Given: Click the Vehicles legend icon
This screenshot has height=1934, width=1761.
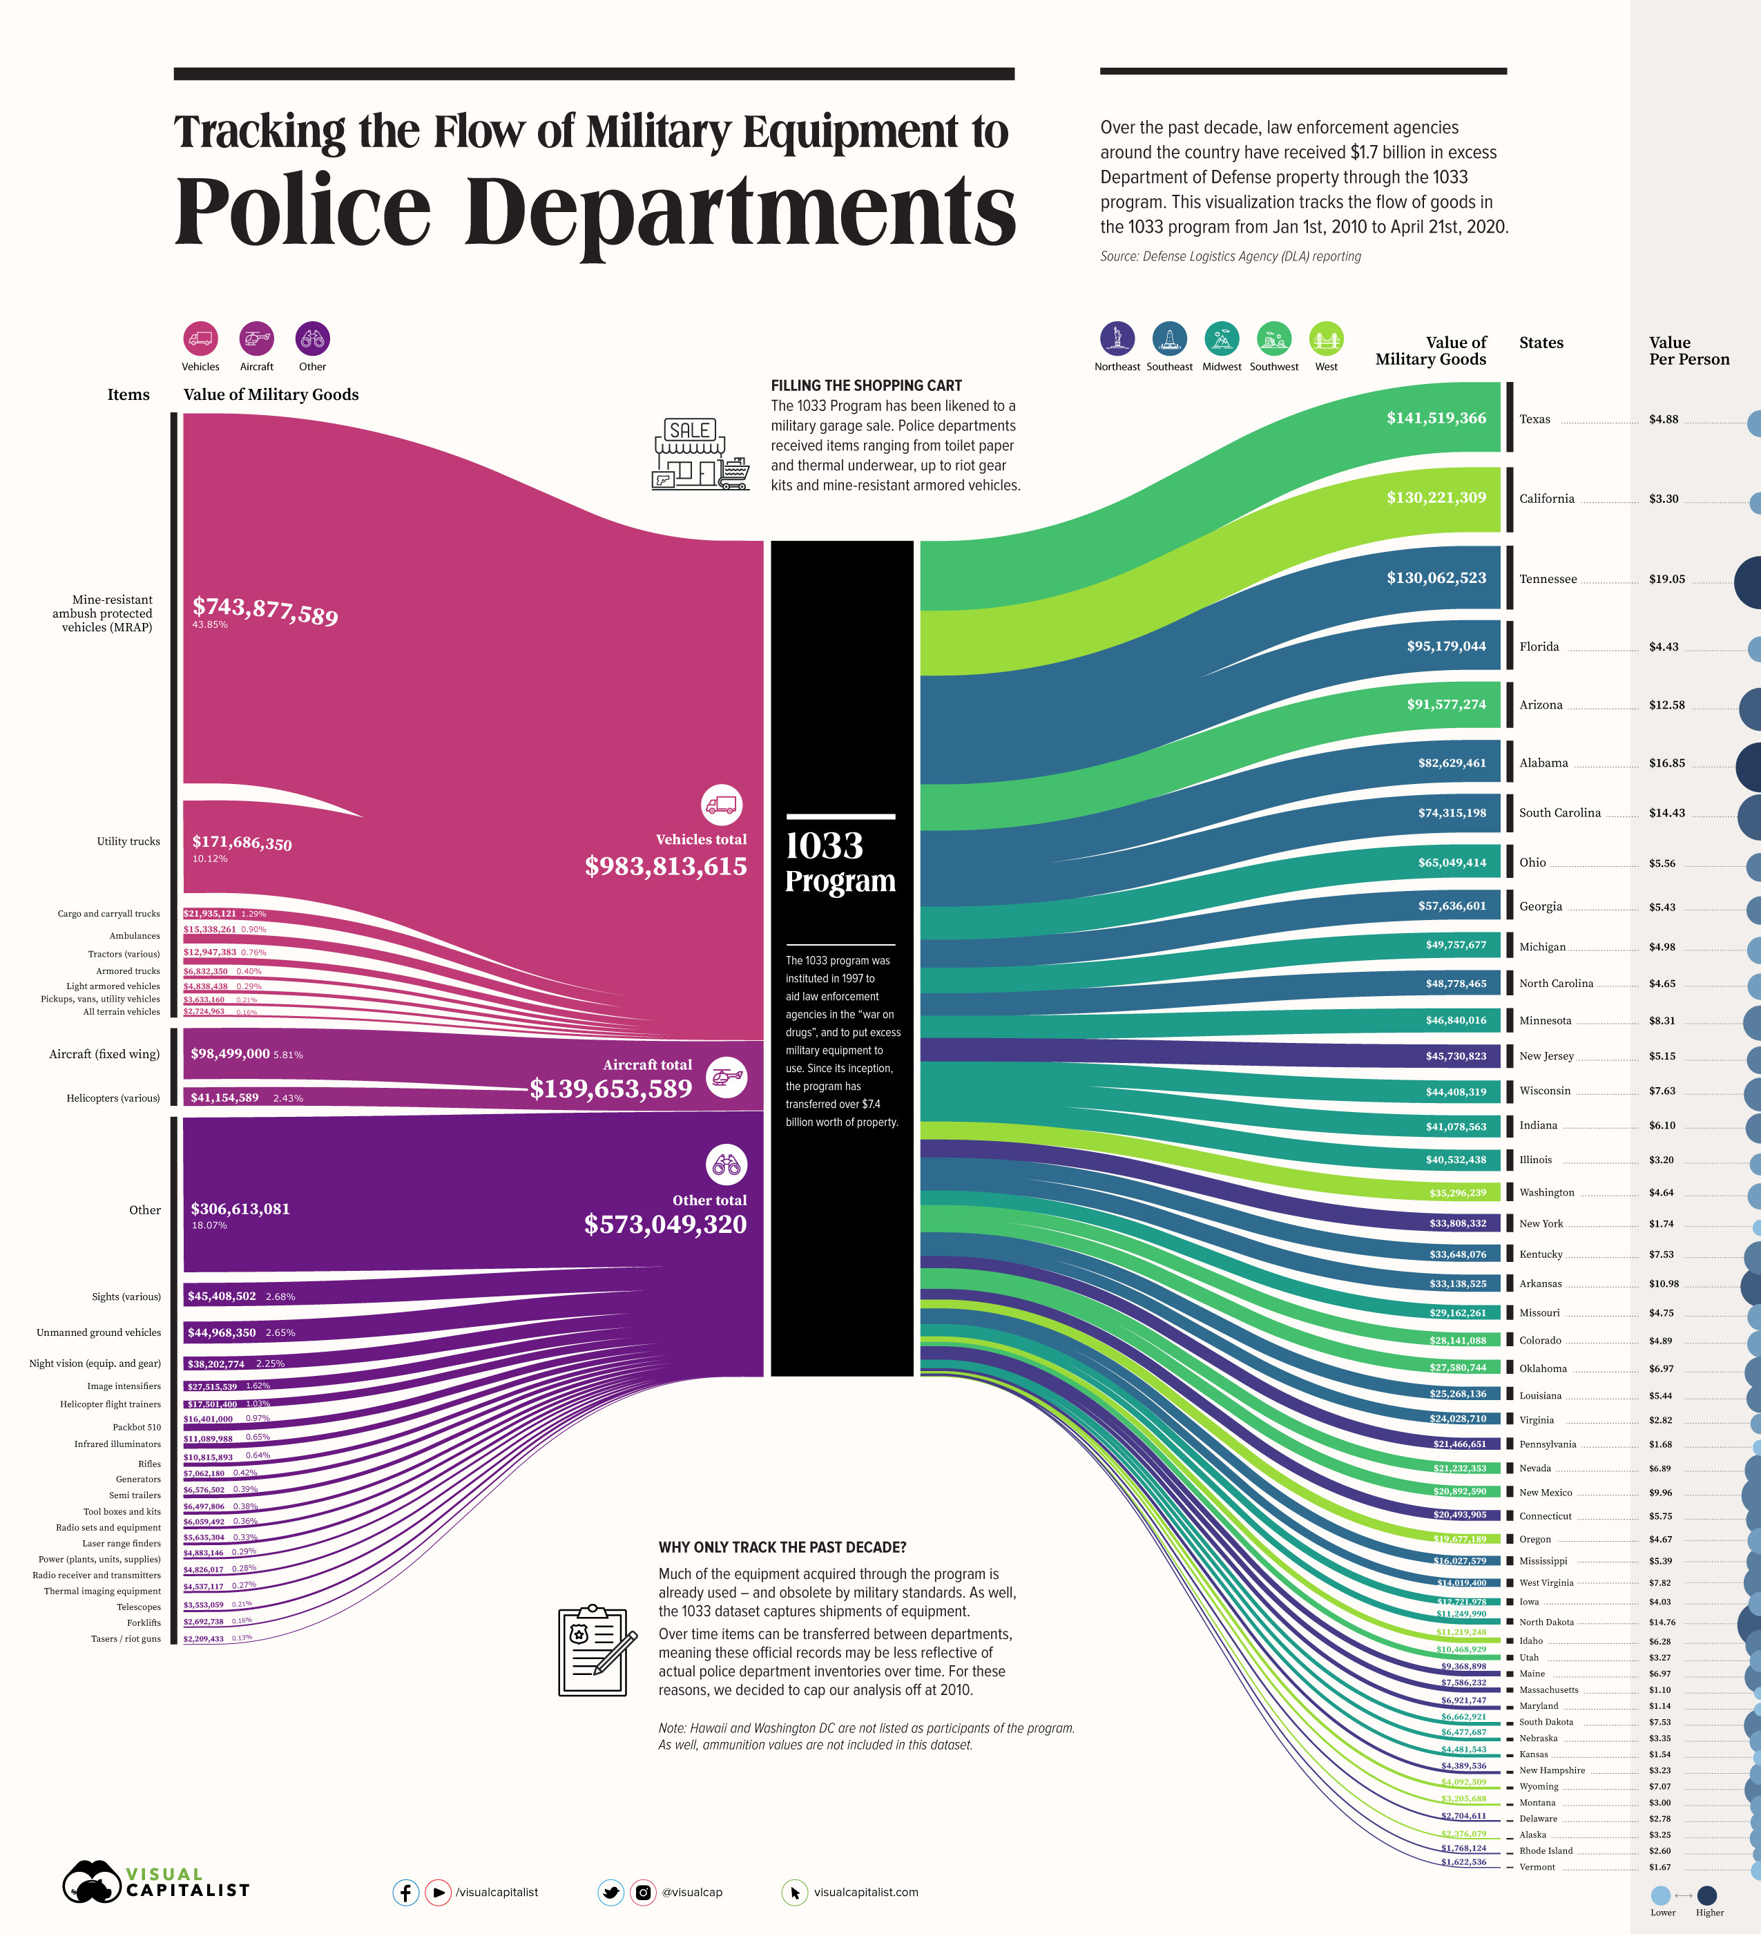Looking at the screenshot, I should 200,338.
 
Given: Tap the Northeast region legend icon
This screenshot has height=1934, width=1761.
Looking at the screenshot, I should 1117,338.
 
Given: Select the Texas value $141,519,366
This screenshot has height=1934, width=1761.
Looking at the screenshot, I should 1435,419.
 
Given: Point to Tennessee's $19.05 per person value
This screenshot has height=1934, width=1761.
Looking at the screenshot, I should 1666,580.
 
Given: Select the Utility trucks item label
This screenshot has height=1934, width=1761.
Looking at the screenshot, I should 128,841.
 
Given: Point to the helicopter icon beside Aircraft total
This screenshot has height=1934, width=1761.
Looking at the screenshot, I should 726,1078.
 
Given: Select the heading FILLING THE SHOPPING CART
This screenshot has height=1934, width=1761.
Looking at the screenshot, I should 865,385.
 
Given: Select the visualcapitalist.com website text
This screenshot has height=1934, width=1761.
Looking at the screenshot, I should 865,1892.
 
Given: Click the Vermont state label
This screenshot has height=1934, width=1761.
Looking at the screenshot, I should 1537,1867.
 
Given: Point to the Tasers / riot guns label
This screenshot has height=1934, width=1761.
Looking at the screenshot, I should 126,1638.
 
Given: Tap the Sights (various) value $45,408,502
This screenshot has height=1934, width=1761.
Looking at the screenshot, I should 222,1296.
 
